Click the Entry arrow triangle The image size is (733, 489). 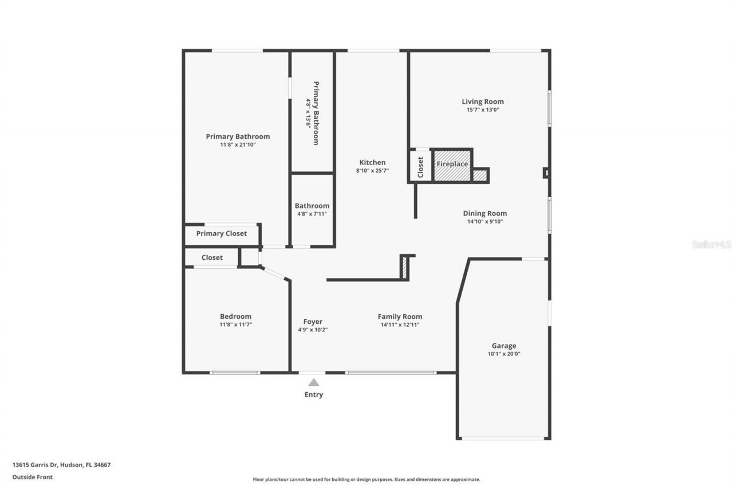coord(314,382)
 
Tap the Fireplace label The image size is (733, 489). coord(452,164)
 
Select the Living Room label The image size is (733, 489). coord(483,101)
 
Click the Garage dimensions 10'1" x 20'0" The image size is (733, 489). coord(504,354)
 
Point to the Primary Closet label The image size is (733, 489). coord(222,233)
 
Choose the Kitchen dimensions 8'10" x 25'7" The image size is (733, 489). coord(372,170)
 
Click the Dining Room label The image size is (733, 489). coord(485,213)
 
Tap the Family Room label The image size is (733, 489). coord(400,316)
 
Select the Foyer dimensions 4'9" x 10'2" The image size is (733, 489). coord(313,330)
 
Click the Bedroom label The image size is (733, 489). coord(235,316)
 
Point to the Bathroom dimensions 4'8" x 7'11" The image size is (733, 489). coord(312,214)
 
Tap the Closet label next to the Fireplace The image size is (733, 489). coord(420,166)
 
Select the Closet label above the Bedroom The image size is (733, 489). coord(212,257)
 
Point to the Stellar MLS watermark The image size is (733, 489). coord(711,244)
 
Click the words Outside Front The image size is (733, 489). coord(33,476)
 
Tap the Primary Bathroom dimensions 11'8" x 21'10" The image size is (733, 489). coord(238,144)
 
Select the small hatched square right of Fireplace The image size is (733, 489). coord(480,175)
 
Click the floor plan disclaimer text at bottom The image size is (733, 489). coord(366,479)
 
